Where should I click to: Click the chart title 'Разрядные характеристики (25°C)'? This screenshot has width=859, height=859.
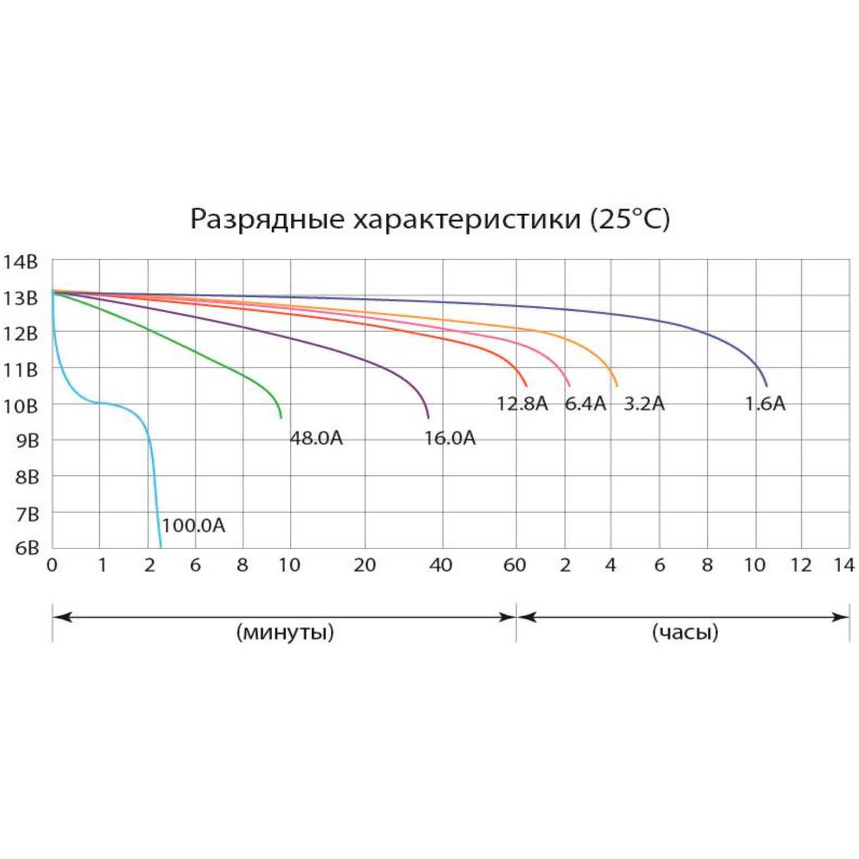[429, 219]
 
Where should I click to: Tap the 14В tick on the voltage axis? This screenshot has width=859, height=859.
[21, 262]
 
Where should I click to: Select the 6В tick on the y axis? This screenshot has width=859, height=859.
[27, 548]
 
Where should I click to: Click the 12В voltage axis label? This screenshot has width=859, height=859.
[21, 334]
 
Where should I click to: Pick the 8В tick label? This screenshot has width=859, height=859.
[27, 477]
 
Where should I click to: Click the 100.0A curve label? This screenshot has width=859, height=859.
[194, 526]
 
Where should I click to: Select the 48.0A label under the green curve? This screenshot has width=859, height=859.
[316, 438]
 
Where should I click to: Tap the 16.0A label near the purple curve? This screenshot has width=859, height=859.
[450, 438]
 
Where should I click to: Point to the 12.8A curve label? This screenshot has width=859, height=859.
[522, 404]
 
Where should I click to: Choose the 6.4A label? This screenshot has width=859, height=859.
[585, 404]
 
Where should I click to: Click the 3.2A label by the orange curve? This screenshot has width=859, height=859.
[644, 404]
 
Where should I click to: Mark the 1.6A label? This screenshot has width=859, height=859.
[765, 404]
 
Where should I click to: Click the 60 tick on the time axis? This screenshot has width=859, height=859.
[515, 565]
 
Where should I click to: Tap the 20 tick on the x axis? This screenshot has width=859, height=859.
[365, 565]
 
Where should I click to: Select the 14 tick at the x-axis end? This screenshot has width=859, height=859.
[844, 565]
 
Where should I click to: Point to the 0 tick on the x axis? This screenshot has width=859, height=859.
[52, 565]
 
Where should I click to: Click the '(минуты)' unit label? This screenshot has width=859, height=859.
[285, 632]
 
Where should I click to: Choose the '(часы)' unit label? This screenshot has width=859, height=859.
[685, 632]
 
